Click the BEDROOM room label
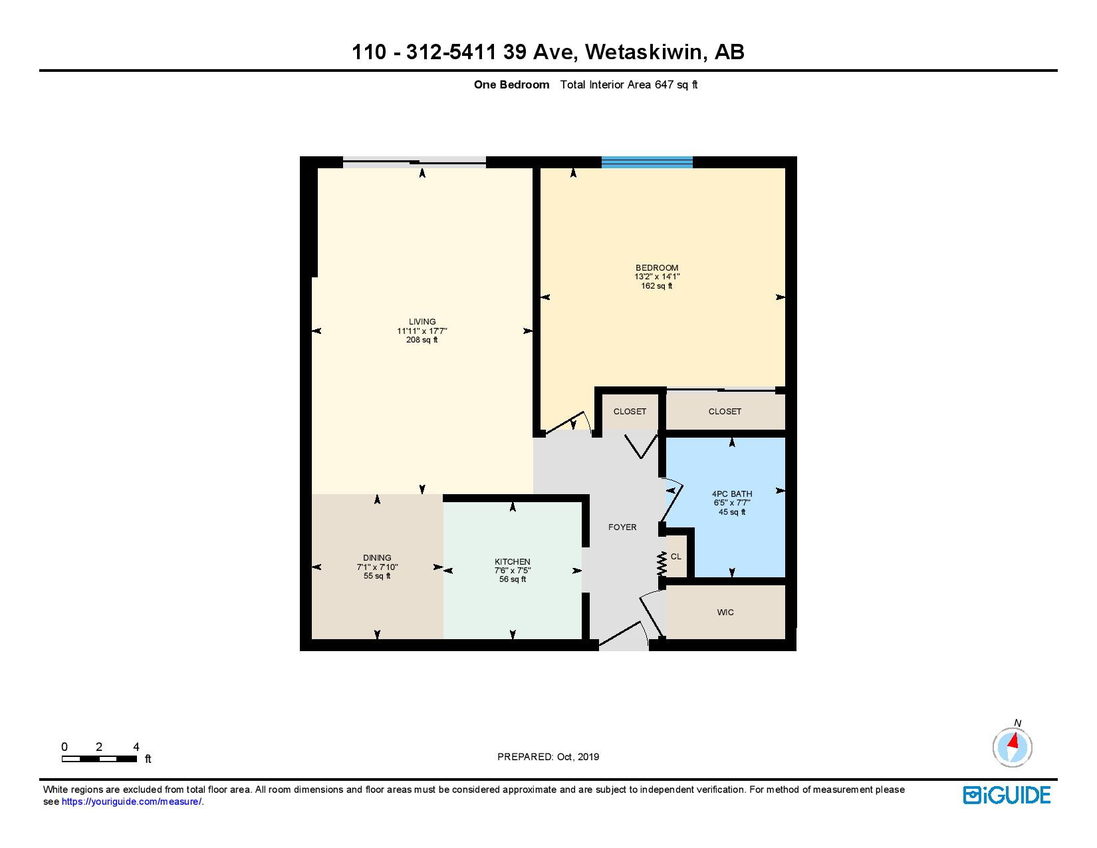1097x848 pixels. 657,268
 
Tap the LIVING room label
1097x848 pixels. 422,322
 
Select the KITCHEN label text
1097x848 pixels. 512,562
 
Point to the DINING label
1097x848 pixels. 377,558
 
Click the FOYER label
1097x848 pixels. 622,527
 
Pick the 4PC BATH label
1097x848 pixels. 732,494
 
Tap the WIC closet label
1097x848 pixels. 725,613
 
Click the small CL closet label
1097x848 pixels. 675,557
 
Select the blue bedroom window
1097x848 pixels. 647,162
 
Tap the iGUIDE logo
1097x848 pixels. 1007,795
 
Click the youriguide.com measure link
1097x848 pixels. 132,802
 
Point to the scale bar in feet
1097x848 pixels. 99,759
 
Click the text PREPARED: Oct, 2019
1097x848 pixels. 548,757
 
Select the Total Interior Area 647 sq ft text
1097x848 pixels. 628,84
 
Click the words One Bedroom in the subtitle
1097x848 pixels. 511,84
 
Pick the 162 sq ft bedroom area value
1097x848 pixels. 657,286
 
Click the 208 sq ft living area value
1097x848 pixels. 422,340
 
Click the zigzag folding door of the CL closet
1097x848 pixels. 662,564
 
